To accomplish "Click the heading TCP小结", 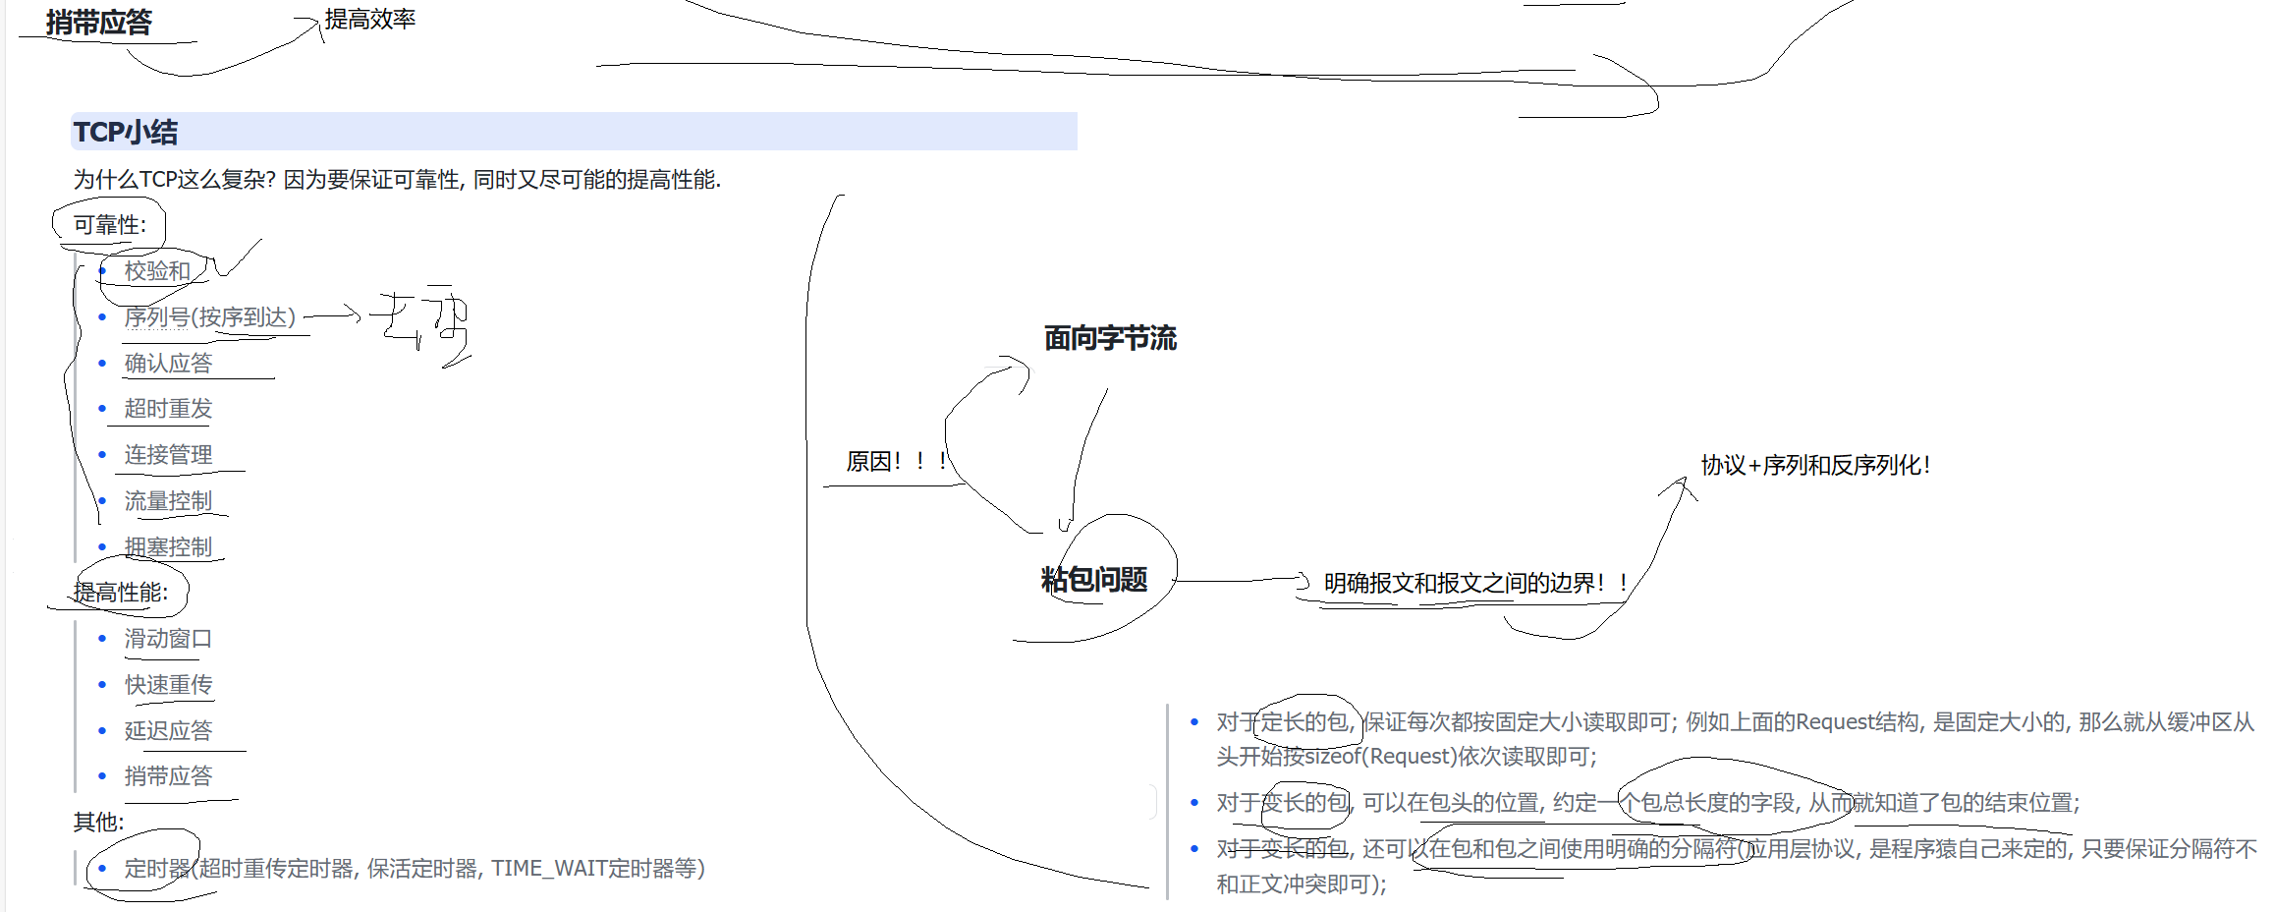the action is point(126,132).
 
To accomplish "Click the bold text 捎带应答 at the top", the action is point(99,23).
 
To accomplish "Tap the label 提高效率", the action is point(370,20).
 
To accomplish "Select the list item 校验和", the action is point(157,271).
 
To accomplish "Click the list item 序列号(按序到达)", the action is point(209,317).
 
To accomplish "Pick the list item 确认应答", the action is point(168,364).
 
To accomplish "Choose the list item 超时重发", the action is point(168,409).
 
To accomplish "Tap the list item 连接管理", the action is point(168,455).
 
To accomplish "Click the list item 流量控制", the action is point(168,501).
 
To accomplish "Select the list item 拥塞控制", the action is point(168,547).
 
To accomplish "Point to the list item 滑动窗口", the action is point(168,639).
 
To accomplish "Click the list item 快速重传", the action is point(168,685).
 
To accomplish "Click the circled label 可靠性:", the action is point(109,225).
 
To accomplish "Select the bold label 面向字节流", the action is point(1110,339).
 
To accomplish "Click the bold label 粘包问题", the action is point(1094,580).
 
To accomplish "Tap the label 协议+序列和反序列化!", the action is point(1815,465).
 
